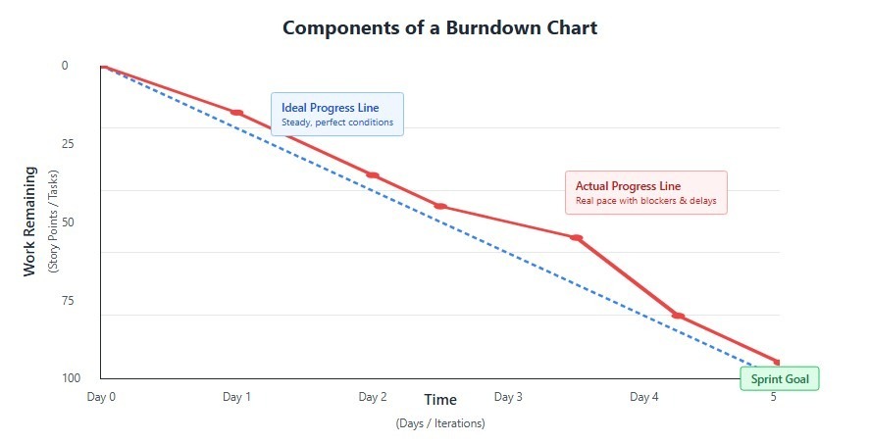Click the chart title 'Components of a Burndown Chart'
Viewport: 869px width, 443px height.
tap(439, 27)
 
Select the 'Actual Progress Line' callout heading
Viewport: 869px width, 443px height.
tap(628, 186)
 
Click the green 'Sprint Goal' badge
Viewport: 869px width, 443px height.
tap(779, 379)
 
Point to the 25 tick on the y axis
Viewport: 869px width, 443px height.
tap(69, 144)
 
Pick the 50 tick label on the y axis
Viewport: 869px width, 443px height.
tap(69, 222)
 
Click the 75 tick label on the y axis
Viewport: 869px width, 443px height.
tap(69, 301)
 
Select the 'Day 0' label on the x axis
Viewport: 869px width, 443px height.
tap(101, 397)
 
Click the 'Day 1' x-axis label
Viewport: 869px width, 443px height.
tap(236, 397)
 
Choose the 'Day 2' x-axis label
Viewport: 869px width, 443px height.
tap(373, 397)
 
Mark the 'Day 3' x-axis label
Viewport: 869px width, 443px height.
tap(508, 397)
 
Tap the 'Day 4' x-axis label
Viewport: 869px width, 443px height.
tap(644, 397)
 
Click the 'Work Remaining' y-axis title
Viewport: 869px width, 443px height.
tap(29, 221)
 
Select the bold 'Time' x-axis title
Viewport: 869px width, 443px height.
tap(440, 400)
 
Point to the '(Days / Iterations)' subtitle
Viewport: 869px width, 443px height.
tap(440, 423)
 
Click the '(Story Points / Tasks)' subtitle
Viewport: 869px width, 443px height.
tap(53, 221)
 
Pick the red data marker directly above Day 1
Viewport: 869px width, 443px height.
tap(236, 113)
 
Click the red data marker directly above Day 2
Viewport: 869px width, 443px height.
tap(373, 175)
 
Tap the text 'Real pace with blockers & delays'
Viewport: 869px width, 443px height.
tap(645, 201)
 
